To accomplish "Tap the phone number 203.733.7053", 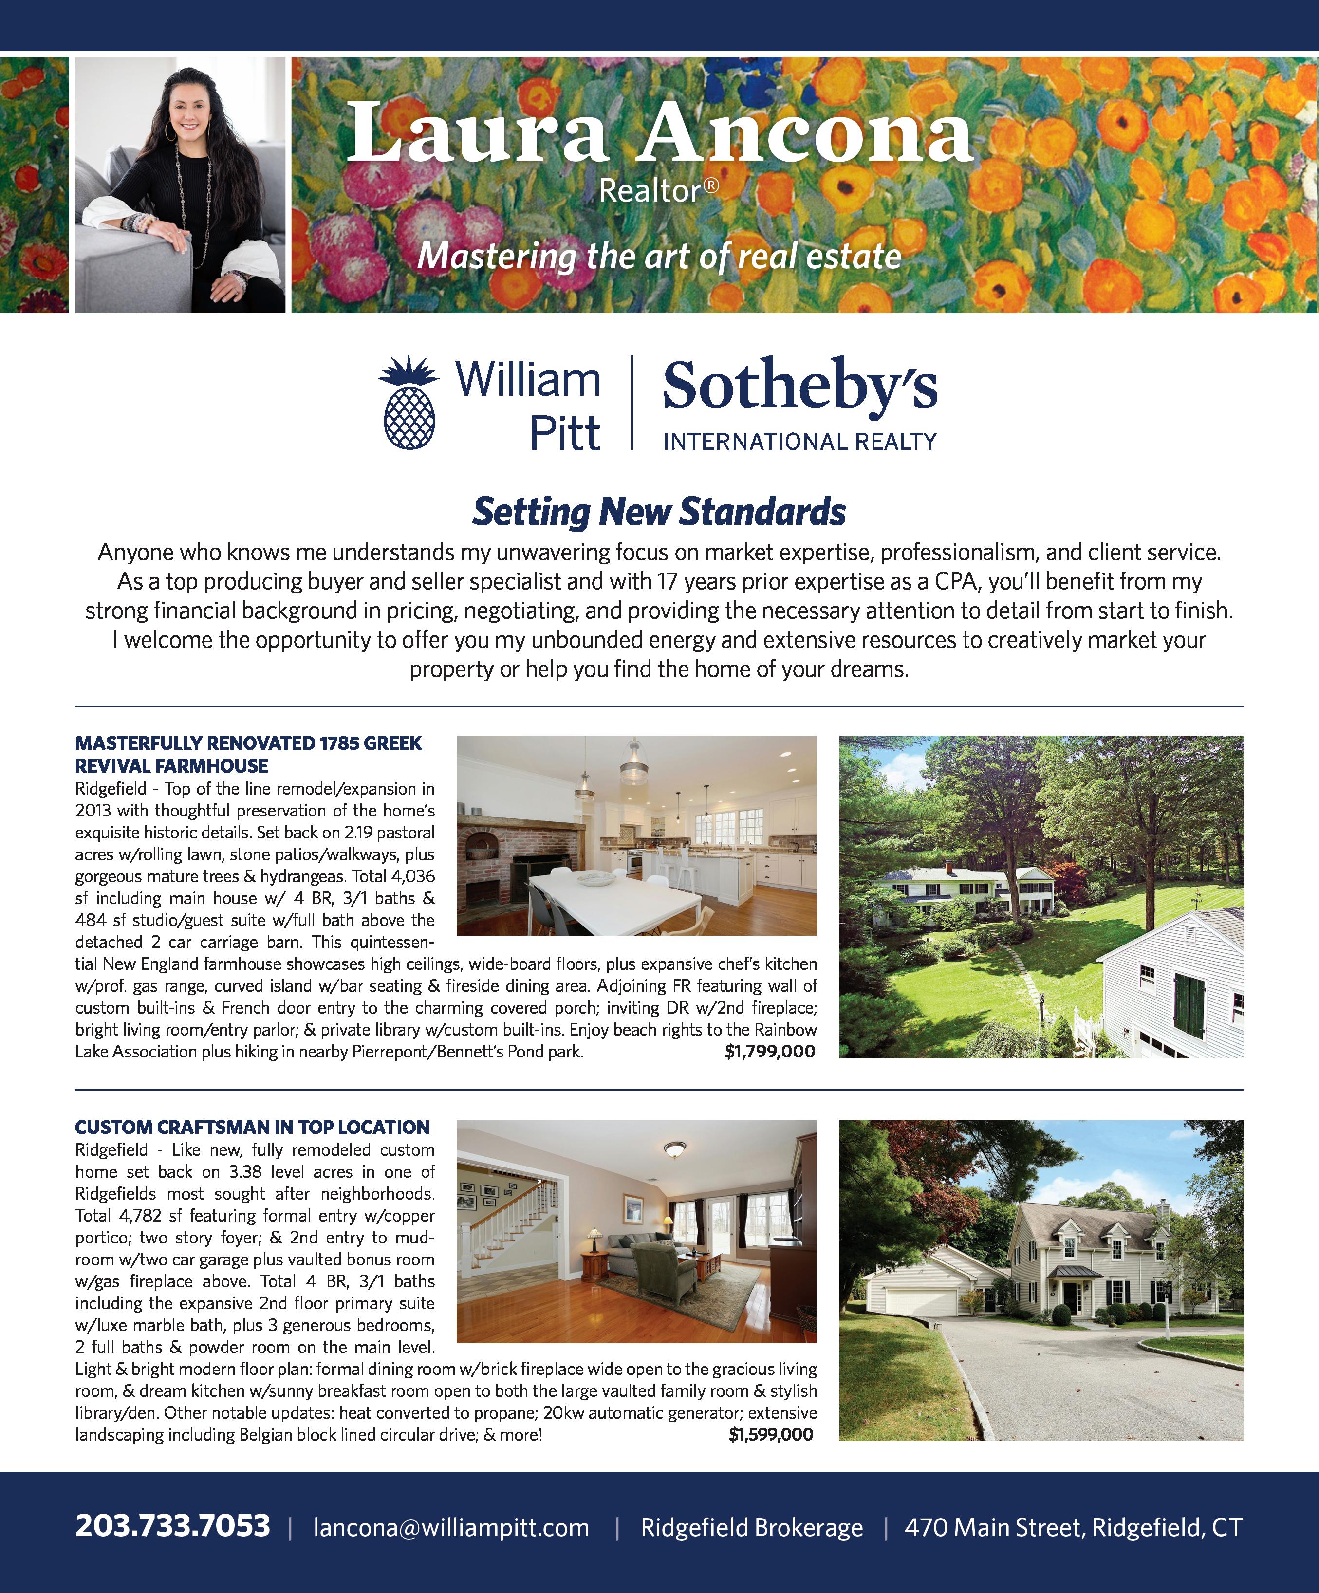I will point(172,1526).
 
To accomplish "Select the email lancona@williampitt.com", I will point(451,1528).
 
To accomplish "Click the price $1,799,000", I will point(770,1052).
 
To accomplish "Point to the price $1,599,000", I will point(771,1434).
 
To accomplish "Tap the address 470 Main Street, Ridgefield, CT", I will point(1073,1528).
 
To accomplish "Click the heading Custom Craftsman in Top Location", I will point(252,1127).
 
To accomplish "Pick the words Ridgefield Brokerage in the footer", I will point(752,1528).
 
